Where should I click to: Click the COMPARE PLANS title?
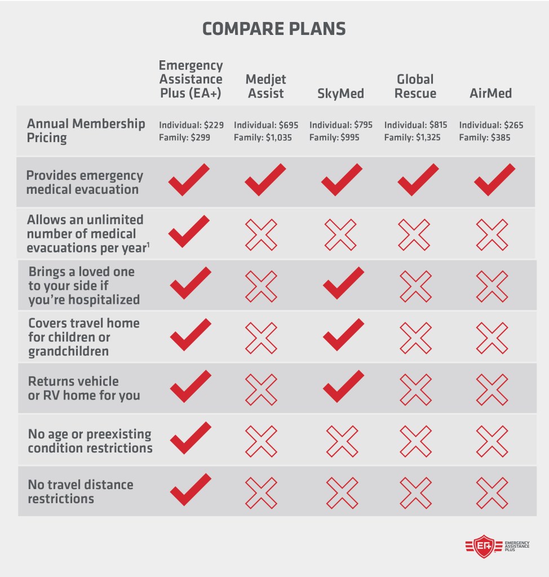274,29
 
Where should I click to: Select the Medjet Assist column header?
265,86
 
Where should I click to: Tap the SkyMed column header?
340,93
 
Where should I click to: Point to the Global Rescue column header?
415,86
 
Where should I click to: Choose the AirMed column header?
490,93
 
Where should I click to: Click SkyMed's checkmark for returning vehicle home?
343,386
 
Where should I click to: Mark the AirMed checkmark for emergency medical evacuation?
494,179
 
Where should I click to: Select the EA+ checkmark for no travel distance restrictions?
190,489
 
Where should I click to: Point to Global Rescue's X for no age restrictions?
415,440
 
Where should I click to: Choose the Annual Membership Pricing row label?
86,131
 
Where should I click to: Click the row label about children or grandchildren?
83,337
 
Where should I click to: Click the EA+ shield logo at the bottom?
483,547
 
